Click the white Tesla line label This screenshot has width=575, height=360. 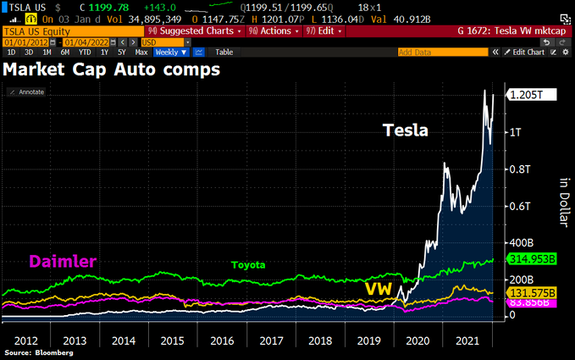pyautogui.click(x=406, y=131)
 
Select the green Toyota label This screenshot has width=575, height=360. pyautogui.click(x=248, y=265)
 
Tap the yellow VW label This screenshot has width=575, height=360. pyautogui.click(x=379, y=289)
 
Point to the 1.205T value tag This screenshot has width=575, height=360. pyautogui.click(x=531, y=96)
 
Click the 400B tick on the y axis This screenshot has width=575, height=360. pyautogui.click(x=522, y=242)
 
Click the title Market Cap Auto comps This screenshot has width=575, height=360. pyautogui.click(x=112, y=69)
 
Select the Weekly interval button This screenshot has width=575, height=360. pyautogui.click(x=166, y=52)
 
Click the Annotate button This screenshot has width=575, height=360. pyautogui.click(x=28, y=91)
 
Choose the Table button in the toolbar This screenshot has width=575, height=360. pyautogui.click(x=224, y=52)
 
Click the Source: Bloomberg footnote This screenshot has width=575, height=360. pyautogui.click(x=38, y=352)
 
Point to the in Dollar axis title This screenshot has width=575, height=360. pyautogui.click(x=561, y=203)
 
